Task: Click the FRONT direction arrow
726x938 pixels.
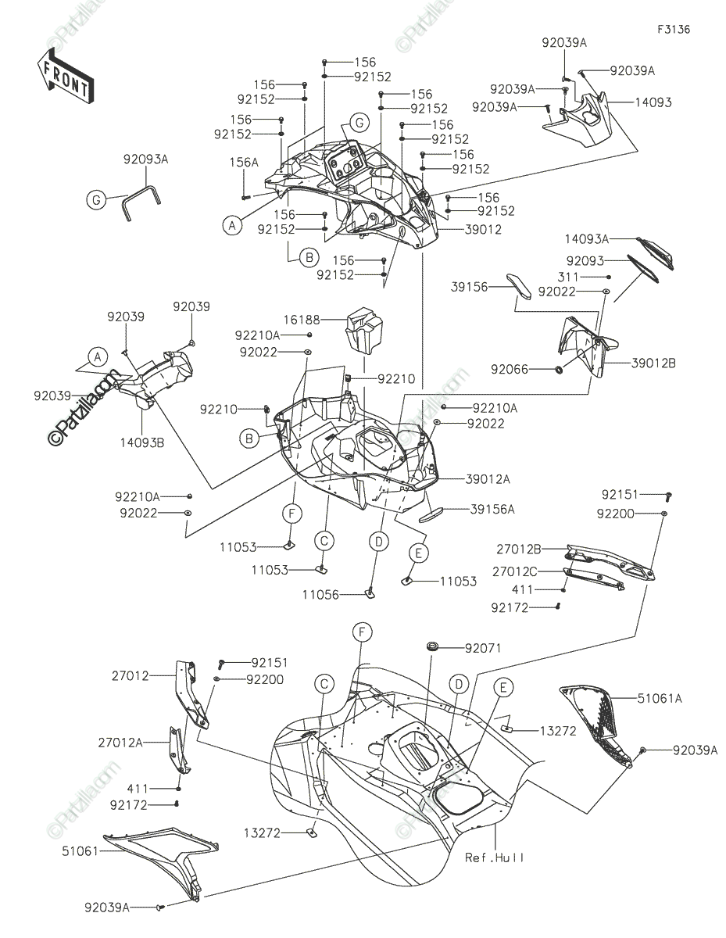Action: [66, 77]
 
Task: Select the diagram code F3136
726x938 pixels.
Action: [674, 30]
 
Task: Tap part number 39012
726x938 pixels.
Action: [483, 229]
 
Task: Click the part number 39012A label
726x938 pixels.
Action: [488, 479]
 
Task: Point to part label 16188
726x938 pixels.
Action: [302, 320]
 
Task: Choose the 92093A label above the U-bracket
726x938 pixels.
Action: [146, 159]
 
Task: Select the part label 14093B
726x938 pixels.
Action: [142, 443]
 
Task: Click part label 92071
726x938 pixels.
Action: [483, 648]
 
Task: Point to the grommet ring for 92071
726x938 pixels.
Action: [432, 646]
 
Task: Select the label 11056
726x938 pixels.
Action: [320, 595]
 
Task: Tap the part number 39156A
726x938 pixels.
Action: [492, 510]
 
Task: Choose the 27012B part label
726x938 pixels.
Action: [518, 549]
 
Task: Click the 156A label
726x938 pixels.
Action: [244, 163]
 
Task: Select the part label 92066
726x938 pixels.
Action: [510, 369]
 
